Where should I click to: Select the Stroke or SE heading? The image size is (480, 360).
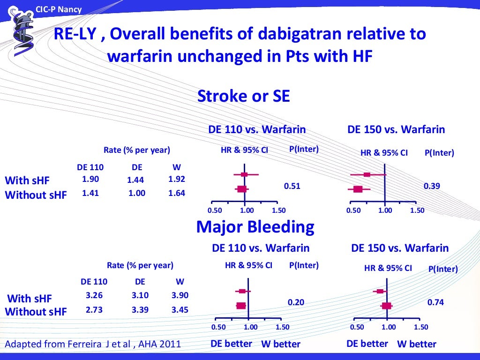[x=243, y=96]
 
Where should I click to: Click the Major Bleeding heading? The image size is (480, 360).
[x=255, y=227]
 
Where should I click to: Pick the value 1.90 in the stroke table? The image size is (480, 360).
[x=90, y=179]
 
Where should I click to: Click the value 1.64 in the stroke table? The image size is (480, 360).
[x=177, y=193]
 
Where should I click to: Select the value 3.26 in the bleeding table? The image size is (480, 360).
[x=94, y=295]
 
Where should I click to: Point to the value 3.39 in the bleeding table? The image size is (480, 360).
[x=140, y=310]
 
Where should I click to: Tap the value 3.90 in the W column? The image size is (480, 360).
[x=180, y=296]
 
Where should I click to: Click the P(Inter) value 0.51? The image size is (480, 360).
[x=292, y=186]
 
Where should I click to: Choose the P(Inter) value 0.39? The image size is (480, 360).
[x=432, y=186]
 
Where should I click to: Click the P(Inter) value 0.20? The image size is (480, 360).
[x=296, y=302]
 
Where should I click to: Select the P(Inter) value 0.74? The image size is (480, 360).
[x=435, y=302]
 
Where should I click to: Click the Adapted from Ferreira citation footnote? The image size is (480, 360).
[x=92, y=344]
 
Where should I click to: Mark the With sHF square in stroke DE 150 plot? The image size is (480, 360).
[x=367, y=174]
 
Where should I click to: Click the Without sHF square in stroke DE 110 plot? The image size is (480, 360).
[x=242, y=189]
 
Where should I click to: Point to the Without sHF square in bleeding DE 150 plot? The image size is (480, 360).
[x=387, y=306]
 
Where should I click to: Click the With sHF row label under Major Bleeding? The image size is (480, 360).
[x=30, y=299]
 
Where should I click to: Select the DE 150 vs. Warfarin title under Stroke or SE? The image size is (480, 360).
[x=396, y=129]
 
